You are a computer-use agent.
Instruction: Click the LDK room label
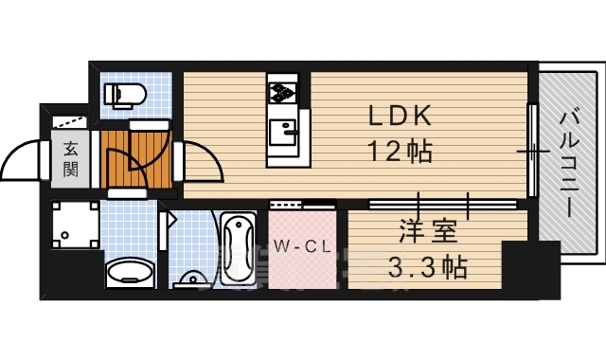[401, 117]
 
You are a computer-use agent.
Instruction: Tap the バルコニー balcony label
[569, 164]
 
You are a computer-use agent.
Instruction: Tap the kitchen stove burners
[283, 93]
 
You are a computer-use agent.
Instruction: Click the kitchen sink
[282, 130]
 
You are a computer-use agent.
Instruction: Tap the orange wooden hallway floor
[133, 158]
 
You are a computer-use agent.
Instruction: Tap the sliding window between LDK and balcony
[533, 152]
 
